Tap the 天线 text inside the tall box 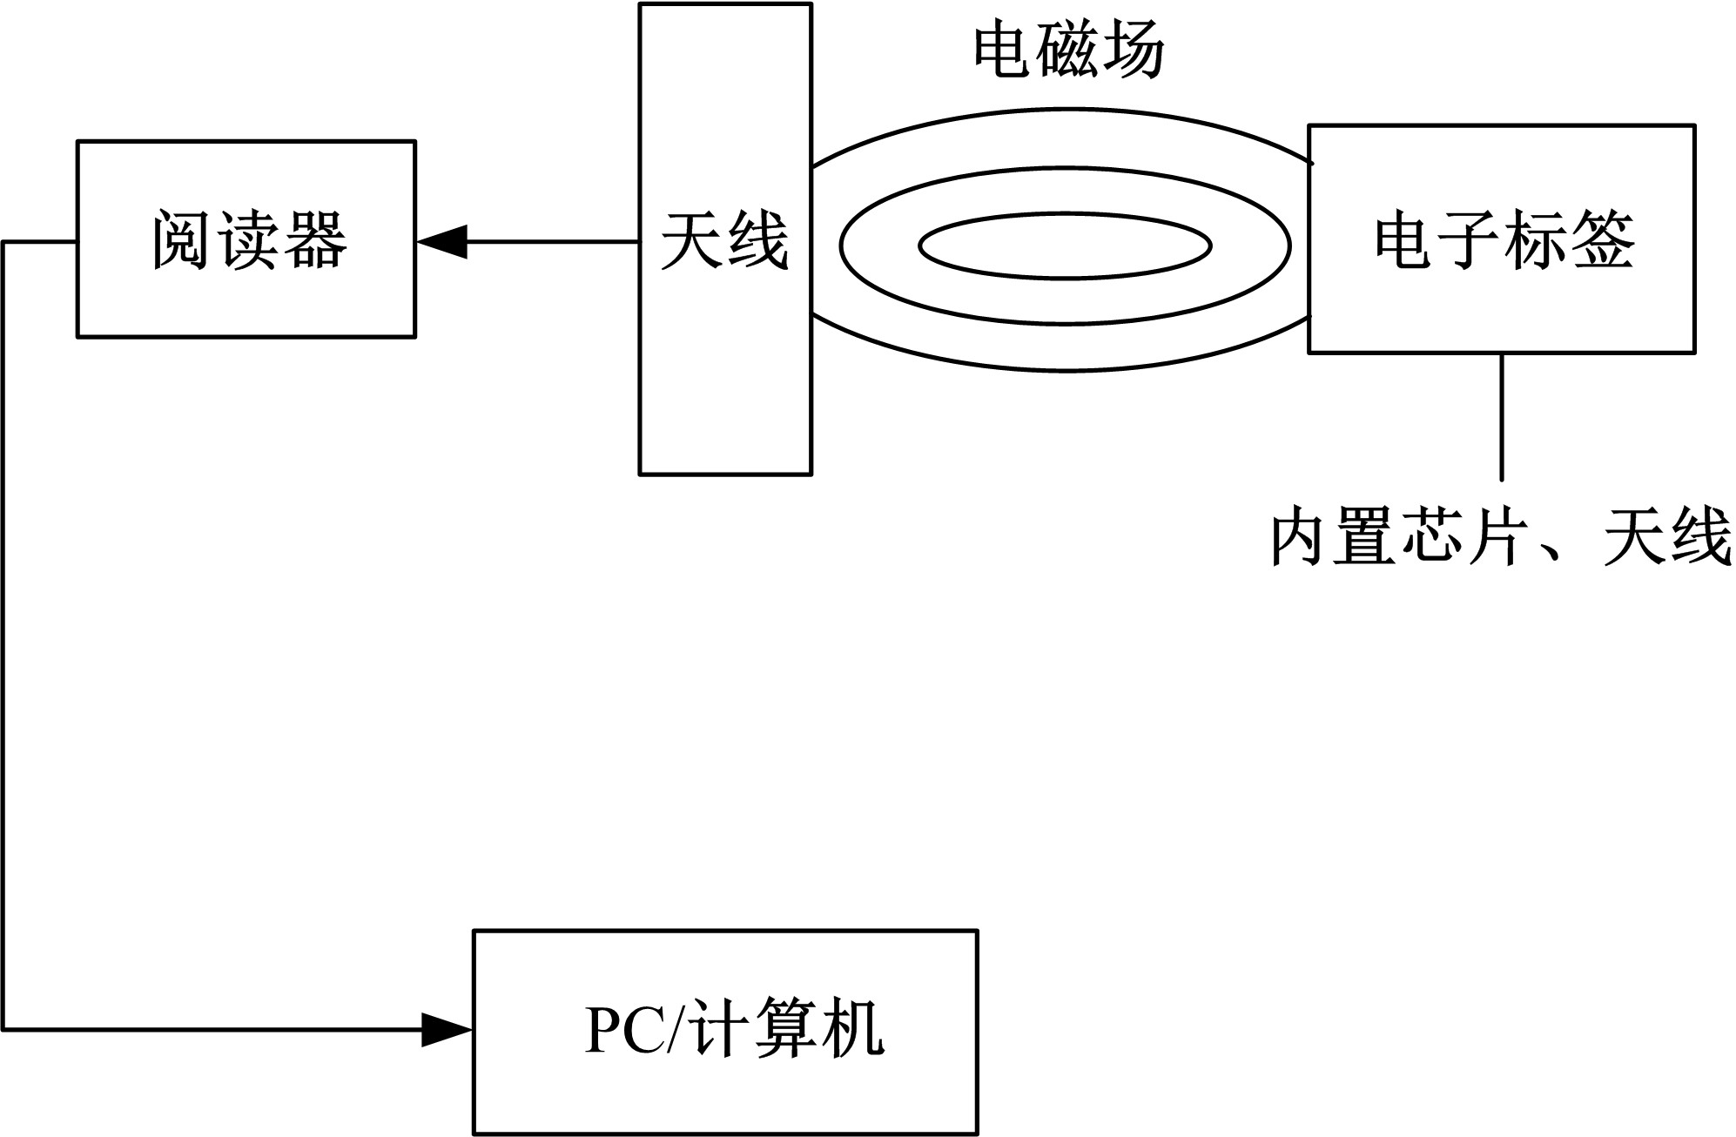click(x=724, y=239)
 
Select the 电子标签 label click(x=1504, y=239)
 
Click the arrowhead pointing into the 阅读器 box click(x=442, y=241)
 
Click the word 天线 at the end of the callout click(x=1666, y=540)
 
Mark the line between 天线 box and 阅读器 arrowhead click(x=553, y=241)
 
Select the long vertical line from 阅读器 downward click(x=4, y=636)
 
